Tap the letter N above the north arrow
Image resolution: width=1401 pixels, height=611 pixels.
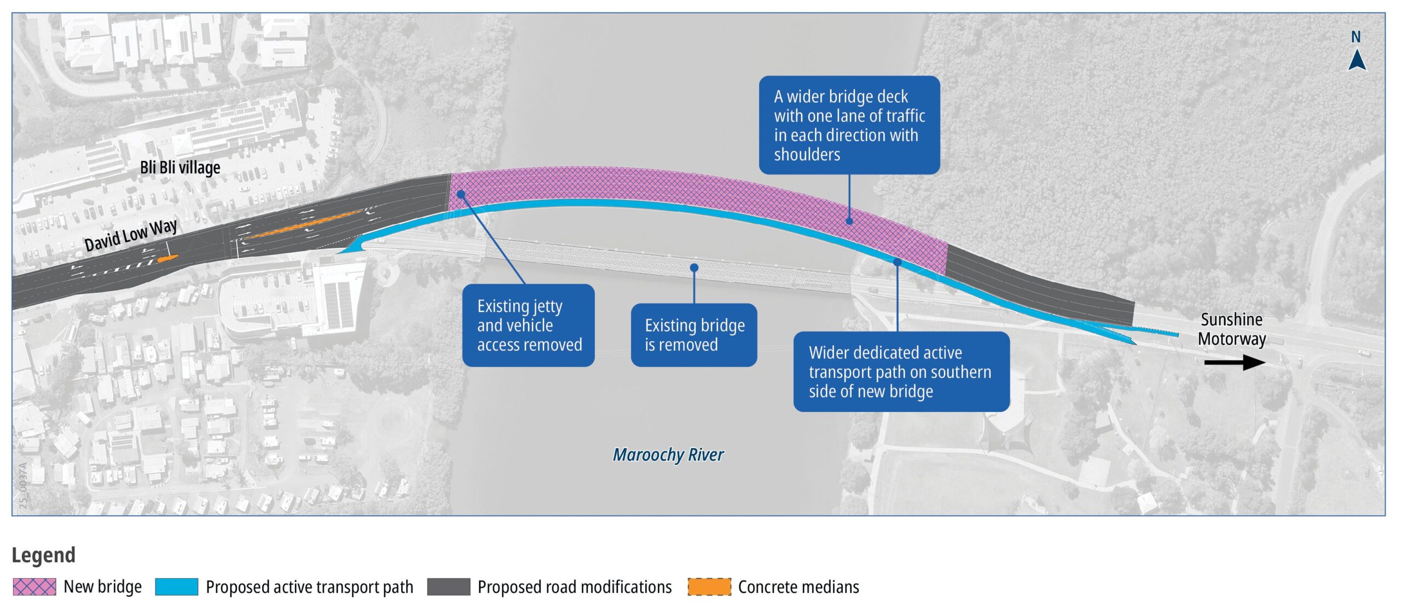tap(1356, 37)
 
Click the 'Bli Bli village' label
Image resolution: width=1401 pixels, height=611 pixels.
tap(180, 167)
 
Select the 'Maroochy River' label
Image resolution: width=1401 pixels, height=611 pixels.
tap(668, 455)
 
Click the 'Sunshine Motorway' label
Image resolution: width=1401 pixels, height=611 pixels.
tap(1231, 329)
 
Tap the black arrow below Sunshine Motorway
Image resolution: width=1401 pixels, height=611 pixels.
tap(1235, 362)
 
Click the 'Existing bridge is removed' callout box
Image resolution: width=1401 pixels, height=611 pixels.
tap(694, 335)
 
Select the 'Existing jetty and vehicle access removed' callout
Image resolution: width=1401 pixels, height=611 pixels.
tap(528, 325)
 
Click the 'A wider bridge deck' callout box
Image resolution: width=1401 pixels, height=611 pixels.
tap(849, 125)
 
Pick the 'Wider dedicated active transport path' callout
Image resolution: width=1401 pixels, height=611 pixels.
tap(901, 371)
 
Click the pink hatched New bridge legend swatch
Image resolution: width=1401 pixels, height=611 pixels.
tap(34, 587)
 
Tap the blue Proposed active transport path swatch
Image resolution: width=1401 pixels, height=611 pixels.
tap(176, 587)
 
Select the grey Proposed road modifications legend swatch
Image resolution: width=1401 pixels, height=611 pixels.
tap(448, 587)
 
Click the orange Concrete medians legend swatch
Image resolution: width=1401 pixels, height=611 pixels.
tap(709, 587)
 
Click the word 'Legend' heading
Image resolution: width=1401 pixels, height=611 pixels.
tap(44, 555)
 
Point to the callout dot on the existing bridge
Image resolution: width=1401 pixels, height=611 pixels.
tap(694, 267)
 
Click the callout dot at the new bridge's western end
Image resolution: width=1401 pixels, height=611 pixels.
tap(461, 194)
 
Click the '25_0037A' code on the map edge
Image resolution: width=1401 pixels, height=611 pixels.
tap(23, 486)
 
